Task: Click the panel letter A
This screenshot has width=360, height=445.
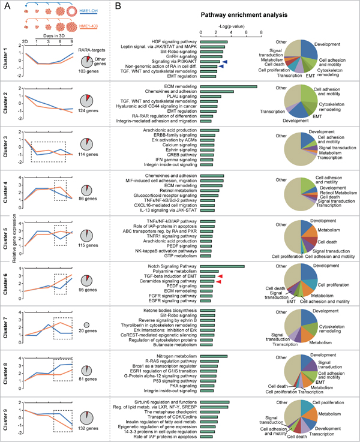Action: click(5, 5)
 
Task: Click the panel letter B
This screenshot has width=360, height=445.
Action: click(117, 5)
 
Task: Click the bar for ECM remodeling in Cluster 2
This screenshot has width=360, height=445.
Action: click(228, 87)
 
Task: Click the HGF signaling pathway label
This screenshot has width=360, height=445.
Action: click(176, 41)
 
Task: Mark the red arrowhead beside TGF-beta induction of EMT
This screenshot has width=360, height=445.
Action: click(220, 276)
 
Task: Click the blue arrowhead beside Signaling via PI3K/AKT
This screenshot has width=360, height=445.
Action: click(224, 61)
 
